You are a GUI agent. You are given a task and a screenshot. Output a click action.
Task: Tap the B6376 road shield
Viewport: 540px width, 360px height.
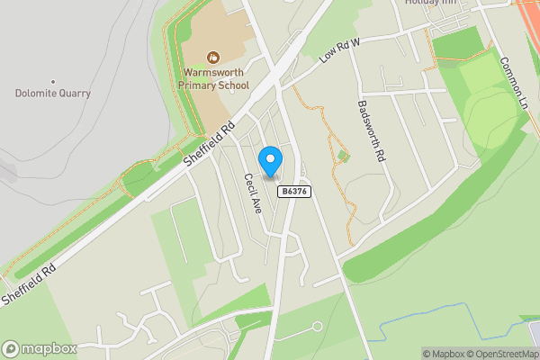click(x=294, y=192)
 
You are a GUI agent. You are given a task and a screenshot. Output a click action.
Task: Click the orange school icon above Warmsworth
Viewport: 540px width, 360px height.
click(x=212, y=57)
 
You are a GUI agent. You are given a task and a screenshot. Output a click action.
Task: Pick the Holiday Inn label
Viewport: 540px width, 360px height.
click(x=431, y=3)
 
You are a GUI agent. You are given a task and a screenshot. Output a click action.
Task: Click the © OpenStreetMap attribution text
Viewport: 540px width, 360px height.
click(x=494, y=354)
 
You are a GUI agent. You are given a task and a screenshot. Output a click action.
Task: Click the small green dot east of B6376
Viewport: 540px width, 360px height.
click(x=342, y=157)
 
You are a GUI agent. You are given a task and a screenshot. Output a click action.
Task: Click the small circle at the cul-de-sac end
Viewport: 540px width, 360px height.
click(x=317, y=326)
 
